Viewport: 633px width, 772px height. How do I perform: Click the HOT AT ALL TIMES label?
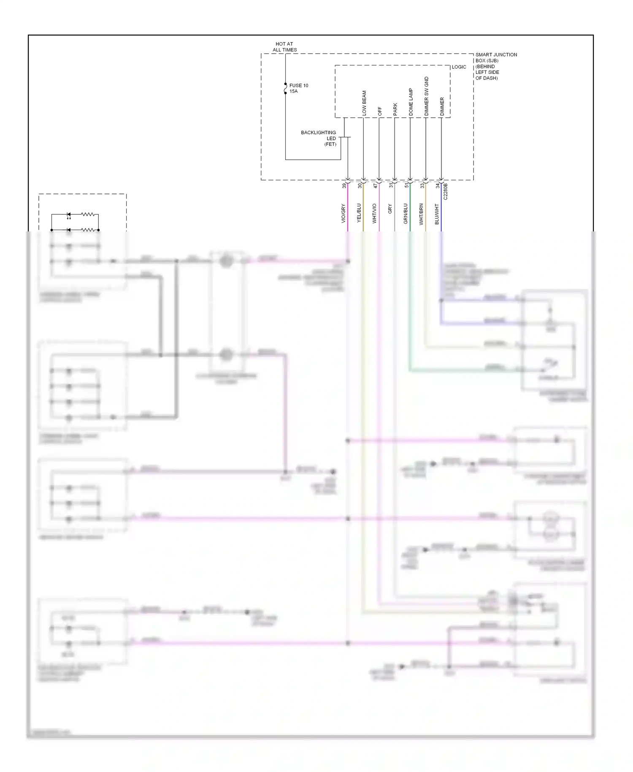(284, 47)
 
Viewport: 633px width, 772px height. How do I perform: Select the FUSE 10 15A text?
(298, 88)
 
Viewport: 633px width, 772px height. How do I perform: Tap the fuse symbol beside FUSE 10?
(286, 88)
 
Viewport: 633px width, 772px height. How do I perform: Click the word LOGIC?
(459, 67)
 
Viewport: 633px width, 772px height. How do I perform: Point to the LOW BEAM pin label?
(364, 103)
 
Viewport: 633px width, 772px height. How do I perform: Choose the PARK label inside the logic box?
(395, 109)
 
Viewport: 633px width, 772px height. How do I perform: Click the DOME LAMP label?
(411, 102)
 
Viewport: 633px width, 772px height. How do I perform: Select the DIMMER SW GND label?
(426, 96)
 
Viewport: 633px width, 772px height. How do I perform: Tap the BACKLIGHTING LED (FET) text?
(319, 138)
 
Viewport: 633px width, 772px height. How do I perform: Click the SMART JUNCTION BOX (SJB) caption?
(495, 66)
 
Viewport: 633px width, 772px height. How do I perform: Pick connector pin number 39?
(344, 185)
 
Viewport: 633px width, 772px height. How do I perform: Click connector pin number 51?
(406, 185)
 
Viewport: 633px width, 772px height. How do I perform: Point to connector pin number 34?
(438, 185)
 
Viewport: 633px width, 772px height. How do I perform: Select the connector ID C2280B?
(446, 191)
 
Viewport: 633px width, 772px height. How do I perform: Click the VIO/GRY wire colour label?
(343, 213)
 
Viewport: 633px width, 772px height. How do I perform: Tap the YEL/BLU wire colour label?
(359, 213)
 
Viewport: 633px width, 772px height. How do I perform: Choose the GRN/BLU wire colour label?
(406, 213)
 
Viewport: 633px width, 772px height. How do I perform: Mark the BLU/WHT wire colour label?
(437, 214)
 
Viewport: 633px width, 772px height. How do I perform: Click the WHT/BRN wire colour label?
(421, 214)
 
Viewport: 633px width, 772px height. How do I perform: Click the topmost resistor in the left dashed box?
(88, 215)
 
